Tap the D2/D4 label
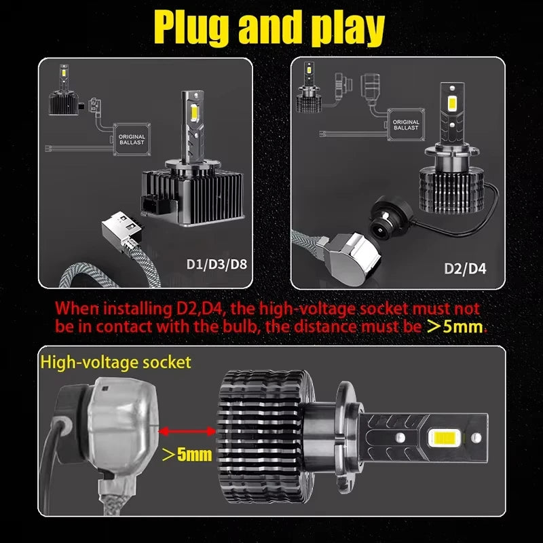(464, 268)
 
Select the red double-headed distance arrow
(186, 430)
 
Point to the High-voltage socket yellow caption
(116, 362)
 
